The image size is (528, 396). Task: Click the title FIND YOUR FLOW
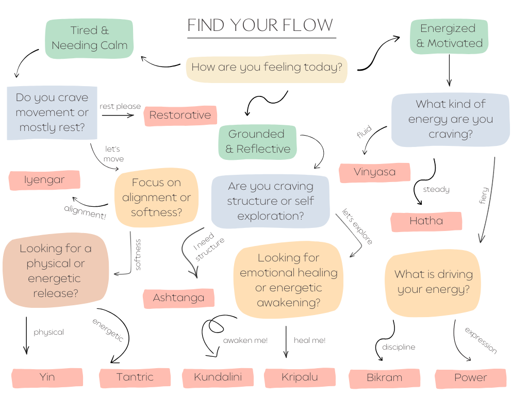[260, 25]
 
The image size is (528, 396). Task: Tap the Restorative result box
[180, 115]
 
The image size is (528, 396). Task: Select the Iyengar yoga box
[44, 180]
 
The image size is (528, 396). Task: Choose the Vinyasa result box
[374, 172]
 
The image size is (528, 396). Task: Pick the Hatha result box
[426, 221]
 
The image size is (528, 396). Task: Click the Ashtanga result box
[178, 298]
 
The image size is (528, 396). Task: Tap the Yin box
[47, 377]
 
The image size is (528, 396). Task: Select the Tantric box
[135, 377]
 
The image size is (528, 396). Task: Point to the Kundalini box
[218, 377]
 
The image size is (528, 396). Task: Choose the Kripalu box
[300, 377]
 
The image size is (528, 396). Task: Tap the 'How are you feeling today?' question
[267, 67]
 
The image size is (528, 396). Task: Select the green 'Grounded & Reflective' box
[257, 141]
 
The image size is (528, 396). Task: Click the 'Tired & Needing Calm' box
[89, 38]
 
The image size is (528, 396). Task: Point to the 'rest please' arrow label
[120, 107]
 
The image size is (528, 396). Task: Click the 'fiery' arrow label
[484, 196]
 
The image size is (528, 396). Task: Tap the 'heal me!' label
[309, 340]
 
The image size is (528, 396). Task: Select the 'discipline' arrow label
[399, 347]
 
